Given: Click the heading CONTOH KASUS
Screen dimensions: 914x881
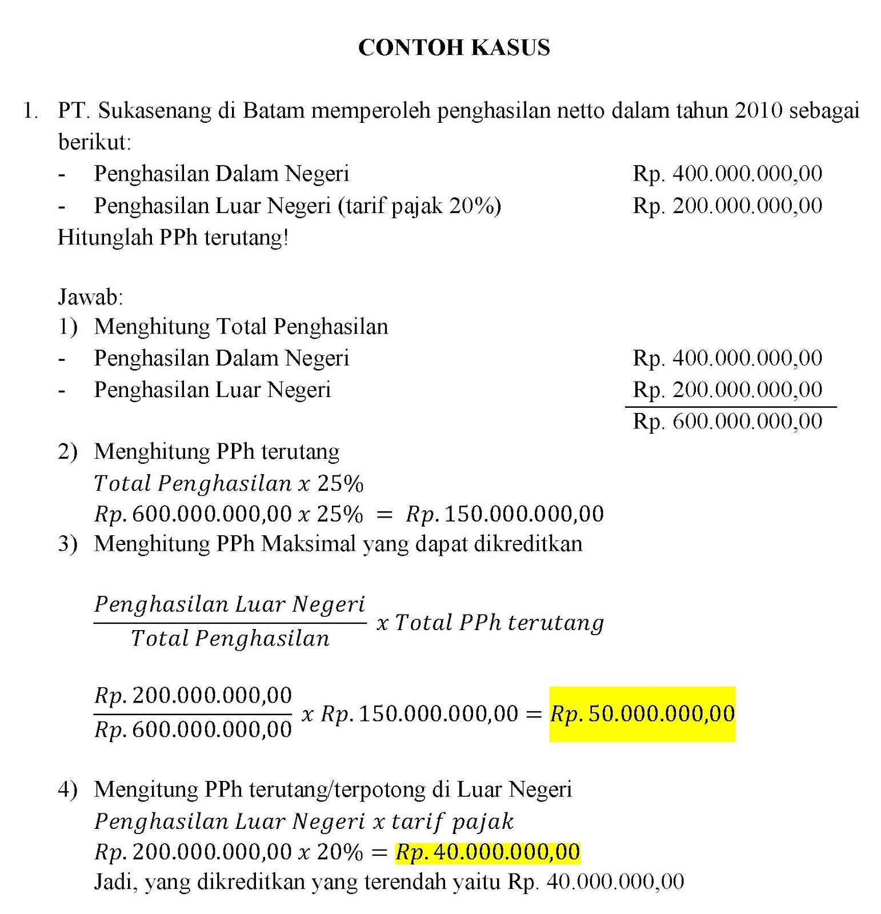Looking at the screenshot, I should tap(454, 47).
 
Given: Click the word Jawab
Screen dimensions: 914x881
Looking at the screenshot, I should tap(90, 297).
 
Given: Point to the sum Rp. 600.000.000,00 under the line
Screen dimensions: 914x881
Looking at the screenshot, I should tap(727, 422).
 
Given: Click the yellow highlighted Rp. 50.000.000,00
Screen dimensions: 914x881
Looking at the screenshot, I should tap(642, 714).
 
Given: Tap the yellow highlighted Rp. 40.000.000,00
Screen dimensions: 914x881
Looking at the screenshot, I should tap(487, 852).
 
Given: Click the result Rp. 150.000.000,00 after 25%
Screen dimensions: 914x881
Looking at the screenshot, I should tap(504, 514).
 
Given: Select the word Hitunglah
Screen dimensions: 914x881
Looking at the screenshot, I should tap(106, 237).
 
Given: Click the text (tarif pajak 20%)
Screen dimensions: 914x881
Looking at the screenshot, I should tap(419, 206).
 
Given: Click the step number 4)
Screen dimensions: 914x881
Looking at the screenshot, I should tap(67, 789).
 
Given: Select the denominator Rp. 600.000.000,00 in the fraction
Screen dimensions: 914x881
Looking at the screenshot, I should tap(193, 729).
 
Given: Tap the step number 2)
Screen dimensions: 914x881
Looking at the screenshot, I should tap(67, 452).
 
